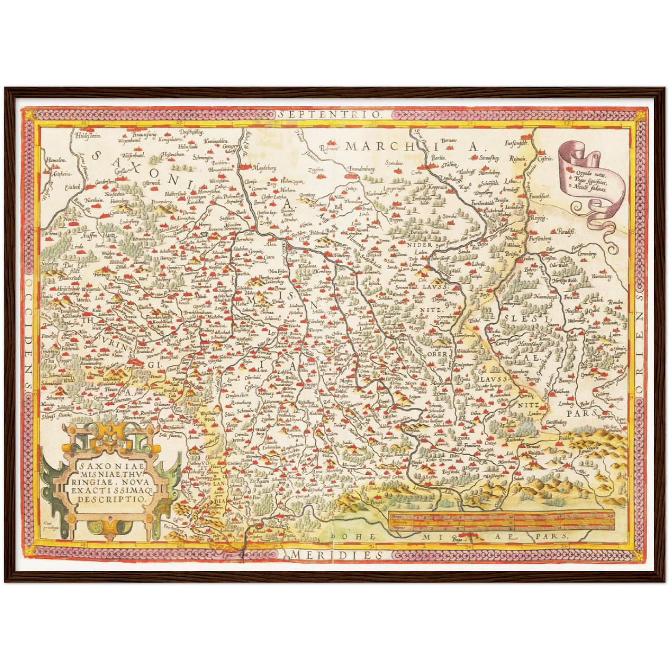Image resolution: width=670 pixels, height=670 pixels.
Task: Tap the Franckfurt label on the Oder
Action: pyautogui.click(x=539, y=197)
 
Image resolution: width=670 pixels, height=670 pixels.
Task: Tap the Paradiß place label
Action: pyautogui.click(x=565, y=231)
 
